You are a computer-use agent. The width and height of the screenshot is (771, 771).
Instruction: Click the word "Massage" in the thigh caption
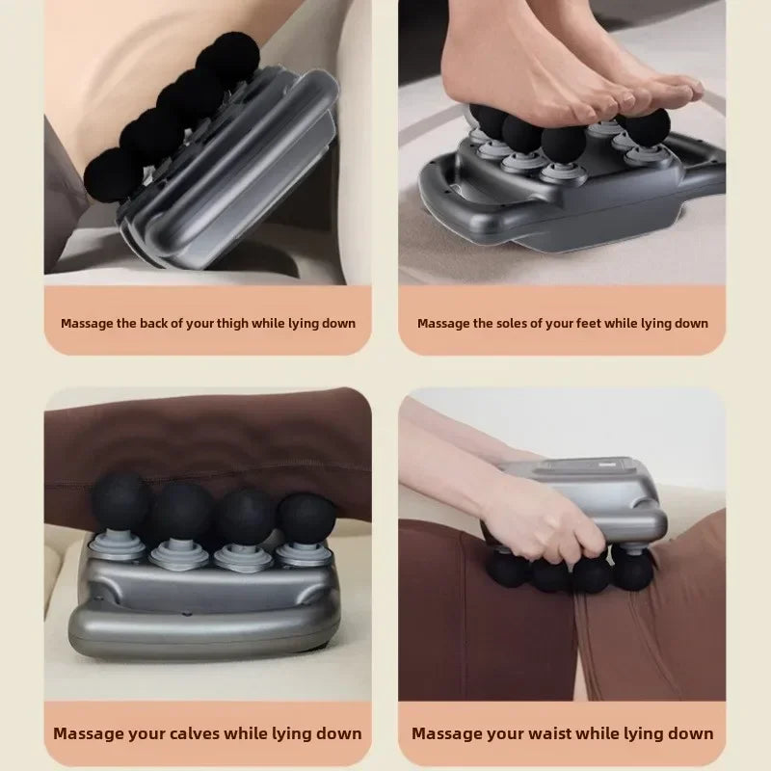(88, 324)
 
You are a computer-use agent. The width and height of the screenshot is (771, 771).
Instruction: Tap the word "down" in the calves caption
(337, 733)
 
